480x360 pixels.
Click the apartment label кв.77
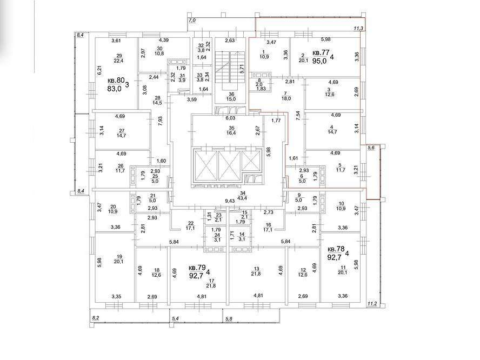(x=321, y=53)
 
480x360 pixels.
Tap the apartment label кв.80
(x=116, y=81)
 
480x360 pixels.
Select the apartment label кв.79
(x=197, y=268)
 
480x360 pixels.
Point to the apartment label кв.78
(x=336, y=249)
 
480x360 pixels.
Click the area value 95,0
(x=319, y=61)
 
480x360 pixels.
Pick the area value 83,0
(x=115, y=89)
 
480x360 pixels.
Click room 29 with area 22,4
(x=119, y=58)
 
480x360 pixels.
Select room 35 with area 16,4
(x=231, y=131)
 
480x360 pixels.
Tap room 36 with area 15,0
(x=231, y=97)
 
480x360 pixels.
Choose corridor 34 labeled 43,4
(x=243, y=196)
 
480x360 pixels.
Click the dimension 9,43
(x=230, y=201)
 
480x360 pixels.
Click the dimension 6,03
(x=230, y=118)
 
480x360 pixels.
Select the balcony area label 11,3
(x=358, y=29)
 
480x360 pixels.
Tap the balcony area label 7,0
(x=192, y=21)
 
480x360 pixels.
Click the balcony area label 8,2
(x=96, y=318)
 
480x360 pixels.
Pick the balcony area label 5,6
(x=371, y=148)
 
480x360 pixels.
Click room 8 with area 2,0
(x=259, y=82)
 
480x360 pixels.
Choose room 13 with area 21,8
(x=256, y=271)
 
